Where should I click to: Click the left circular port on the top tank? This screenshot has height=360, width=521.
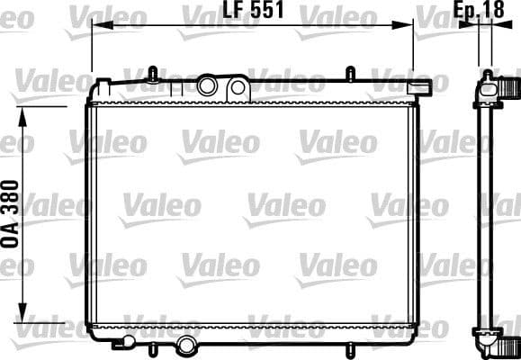tap(209, 86)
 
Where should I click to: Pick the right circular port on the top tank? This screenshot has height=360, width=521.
tap(238, 87)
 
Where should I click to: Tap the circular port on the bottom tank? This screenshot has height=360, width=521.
tap(186, 344)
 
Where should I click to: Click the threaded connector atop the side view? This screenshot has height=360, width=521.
tap(510, 88)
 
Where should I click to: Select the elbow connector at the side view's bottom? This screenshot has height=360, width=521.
tap(506, 340)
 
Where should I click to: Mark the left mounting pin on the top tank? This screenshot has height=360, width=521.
tap(152, 72)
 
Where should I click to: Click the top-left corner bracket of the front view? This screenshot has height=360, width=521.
tap(100, 87)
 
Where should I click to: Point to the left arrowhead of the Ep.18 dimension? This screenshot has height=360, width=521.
tap(472, 25)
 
